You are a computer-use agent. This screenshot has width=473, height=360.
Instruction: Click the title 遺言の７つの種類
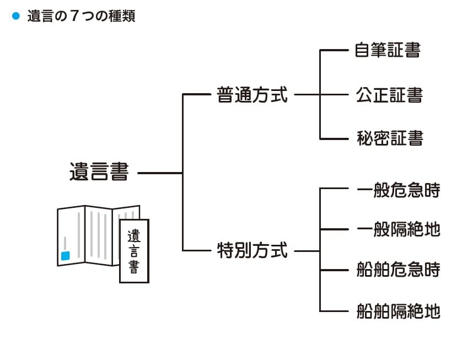pyautogui.click(x=81, y=17)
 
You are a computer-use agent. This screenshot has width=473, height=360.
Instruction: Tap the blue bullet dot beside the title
pyautogui.click(x=15, y=16)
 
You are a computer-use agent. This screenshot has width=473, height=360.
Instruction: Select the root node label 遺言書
pyautogui.click(x=99, y=172)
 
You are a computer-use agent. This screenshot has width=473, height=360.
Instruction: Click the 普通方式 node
pyautogui.click(x=252, y=95)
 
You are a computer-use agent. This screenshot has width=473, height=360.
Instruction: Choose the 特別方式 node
pyautogui.click(x=252, y=251)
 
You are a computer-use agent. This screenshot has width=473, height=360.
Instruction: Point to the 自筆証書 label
pyautogui.click(x=388, y=50)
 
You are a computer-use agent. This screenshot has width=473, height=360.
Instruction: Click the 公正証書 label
pyautogui.click(x=389, y=95)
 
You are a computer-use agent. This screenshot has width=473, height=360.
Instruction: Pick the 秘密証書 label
pyautogui.click(x=389, y=138)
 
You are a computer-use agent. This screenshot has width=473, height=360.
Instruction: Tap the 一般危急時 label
pyautogui.click(x=398, y=190)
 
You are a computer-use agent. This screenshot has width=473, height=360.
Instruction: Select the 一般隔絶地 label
pyautogui.click(x=398, y=229)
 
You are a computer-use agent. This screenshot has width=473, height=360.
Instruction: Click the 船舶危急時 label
pyautogui.click(x=398, y=270)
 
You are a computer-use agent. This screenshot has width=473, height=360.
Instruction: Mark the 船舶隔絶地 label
pyautogui.click(x=398, y=311)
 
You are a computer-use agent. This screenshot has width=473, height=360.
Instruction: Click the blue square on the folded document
pyautogui.click(x=66, y=256)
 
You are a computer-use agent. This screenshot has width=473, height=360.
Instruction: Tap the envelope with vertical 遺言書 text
pyautogui.click(x=134, y=251)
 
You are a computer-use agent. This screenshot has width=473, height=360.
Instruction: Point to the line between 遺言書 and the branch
pyautogui.click(x=160, y=173)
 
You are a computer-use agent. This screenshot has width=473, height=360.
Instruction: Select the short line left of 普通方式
pyautogui.click(x=196, y=95)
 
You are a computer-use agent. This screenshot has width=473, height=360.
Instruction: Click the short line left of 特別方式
pyautogui.click(x=196, y=251)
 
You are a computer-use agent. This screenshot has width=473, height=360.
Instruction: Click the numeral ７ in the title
pyautogui.click(x=73, y=17)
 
